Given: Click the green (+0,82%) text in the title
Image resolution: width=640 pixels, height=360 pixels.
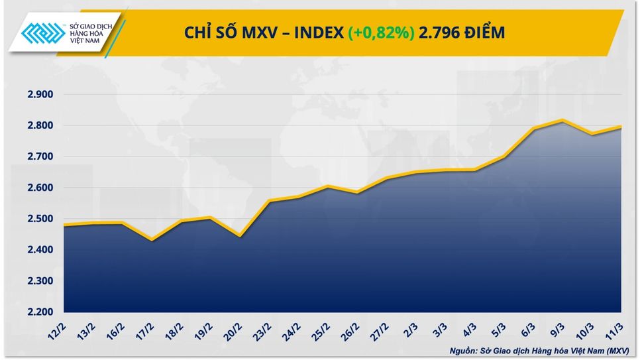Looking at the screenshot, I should pos(380,32).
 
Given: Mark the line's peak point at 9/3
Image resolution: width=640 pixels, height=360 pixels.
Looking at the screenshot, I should pos(562,120).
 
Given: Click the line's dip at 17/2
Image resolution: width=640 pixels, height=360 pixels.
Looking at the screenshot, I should pos(152,240).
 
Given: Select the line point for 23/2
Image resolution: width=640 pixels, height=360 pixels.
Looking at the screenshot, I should pos(270,201).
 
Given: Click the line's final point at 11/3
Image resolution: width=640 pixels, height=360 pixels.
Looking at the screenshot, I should pos(620,127).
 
